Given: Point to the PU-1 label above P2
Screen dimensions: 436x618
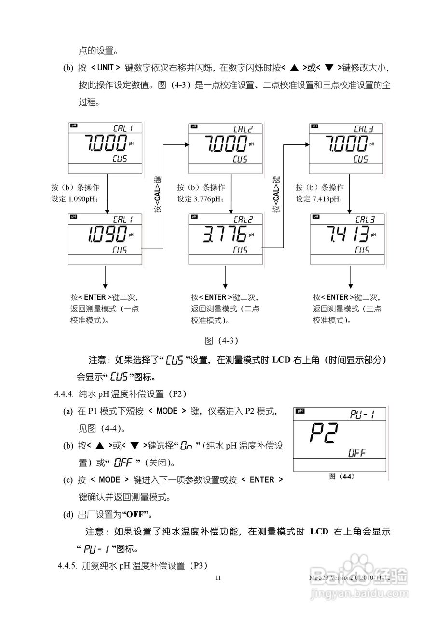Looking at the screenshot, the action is [x=362, y=414].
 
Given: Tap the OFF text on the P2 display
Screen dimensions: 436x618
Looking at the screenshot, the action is [x=357, y=453].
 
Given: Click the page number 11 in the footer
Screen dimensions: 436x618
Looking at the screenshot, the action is [x=218, y=577].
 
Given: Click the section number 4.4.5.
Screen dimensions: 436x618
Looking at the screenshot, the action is [x=67, y=565].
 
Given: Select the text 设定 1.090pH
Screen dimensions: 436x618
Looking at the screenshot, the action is [x=75, y=199].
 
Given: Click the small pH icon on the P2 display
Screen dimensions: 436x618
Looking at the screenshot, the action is [x=300, y=411].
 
